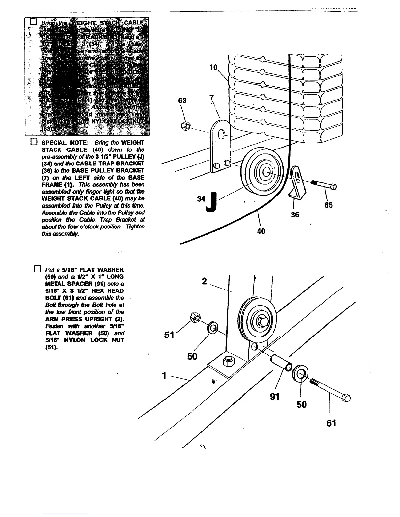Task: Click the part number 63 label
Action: (182, 101)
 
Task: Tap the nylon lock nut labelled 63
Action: (184, 125)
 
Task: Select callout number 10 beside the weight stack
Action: (213, 67)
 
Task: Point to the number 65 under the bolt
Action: (328, 205)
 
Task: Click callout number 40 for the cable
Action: (261, 231)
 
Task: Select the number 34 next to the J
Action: (201, 198)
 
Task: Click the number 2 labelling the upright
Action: (204, 281)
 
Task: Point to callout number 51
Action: (169, 335)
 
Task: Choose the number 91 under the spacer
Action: (275, 397)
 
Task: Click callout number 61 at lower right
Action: (331, 423)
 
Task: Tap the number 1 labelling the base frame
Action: (164, 376)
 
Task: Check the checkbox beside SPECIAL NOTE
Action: (33, 142)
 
